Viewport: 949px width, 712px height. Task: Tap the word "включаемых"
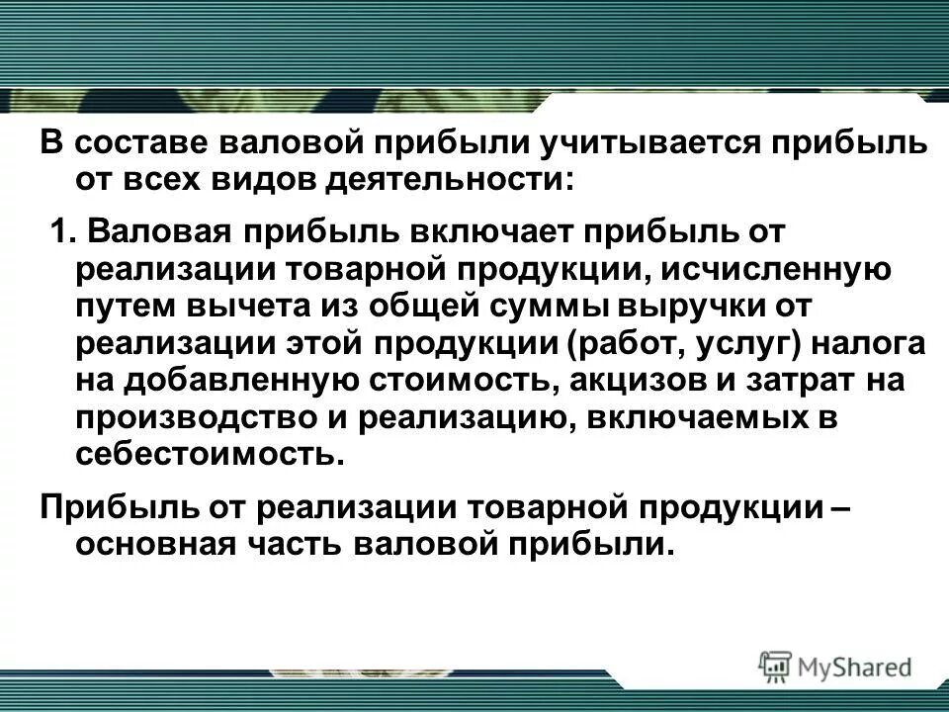[697, 416]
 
